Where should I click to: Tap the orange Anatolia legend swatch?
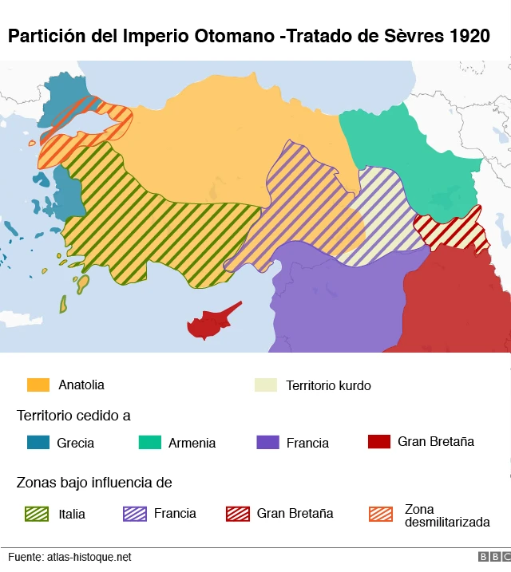(x=38, y=385)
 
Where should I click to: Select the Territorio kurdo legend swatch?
(x=265, y=385)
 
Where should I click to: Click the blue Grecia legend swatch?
(x=38, y=442)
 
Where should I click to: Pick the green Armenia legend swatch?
(x=149, y=442)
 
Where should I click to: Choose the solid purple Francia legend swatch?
(x=267, y=442)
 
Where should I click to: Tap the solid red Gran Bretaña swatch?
(x=378, y=441)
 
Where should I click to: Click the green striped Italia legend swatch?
(x=38, y=514)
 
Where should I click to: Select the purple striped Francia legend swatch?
(x=135, y=514)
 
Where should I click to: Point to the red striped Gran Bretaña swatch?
(x=238, y=514)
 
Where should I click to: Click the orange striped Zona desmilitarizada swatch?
(x=382, y=514)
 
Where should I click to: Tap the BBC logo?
(x=493, y=557)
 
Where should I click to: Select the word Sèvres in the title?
(x=411, y=37)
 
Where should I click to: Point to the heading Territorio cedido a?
(x=73, y=416)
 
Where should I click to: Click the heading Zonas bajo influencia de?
(x=94, y=483)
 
